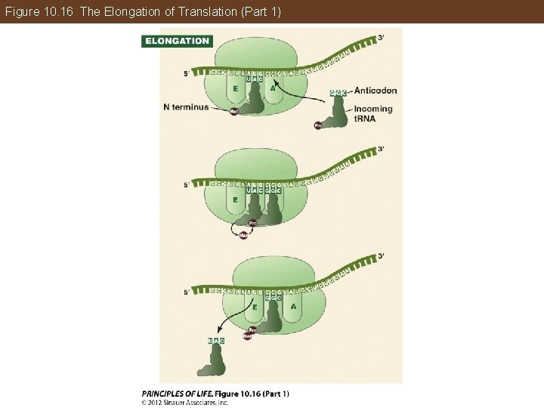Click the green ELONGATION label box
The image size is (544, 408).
pos(177,41)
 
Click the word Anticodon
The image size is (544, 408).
pos(375,91)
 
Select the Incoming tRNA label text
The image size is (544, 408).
pos(373,113)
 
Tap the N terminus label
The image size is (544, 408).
pos(186,107)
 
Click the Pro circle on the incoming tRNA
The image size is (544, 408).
pos(319,125)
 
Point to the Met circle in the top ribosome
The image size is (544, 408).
pos(234,112)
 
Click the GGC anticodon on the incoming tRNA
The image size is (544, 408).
pos(338,92)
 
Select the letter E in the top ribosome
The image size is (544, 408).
pos(235,88)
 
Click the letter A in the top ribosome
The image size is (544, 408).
pos(273,88)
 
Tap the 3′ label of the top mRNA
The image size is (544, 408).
pos(381,38)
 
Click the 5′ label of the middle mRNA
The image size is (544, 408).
pos(187,184)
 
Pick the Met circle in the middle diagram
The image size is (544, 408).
pos(243,235)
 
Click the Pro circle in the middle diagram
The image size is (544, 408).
pos(253,223)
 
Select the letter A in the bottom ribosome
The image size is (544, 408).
pos(293,307)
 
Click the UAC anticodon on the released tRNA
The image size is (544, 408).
pos(217,341)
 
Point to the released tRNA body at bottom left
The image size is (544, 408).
pos(211,363)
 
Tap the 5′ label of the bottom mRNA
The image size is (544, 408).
pos(187,292)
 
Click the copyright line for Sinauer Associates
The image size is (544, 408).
pos(185,402)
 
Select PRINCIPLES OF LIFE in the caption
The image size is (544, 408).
pos(176,393)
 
